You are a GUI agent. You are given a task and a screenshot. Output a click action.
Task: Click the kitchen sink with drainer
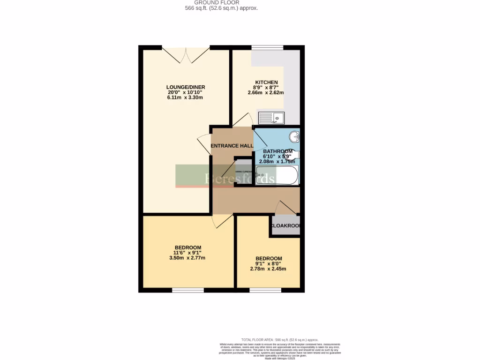(x=271, y=118)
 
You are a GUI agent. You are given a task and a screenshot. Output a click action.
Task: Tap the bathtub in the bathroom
(x=277, y=175)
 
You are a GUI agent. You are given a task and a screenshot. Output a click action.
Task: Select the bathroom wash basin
(x=294, y=137)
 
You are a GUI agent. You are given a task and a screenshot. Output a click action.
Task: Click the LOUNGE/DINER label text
(x=186, y=87)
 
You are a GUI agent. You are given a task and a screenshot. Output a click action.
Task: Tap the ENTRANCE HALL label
(x=232, y=146)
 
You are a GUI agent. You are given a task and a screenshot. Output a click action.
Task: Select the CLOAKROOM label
(x=285, y=225)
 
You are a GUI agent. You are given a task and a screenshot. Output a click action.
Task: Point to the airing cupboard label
(x=244, y=172)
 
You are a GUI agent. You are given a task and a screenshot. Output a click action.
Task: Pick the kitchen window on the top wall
(x=267, y=47)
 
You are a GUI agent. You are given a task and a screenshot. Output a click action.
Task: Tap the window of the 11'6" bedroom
(x=187, y=290)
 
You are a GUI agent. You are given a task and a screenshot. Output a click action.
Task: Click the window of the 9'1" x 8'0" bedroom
(x=265, y=290)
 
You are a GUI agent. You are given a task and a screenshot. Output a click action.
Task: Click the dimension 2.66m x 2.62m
(x=266, y=93)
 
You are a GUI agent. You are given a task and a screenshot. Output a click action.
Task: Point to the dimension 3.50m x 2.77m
(x=188, y=258)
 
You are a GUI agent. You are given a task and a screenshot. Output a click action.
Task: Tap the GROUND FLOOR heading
(x=221, y=2)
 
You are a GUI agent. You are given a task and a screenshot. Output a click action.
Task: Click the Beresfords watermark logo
(x=225, y=177)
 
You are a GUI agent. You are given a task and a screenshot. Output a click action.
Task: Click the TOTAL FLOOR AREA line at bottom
(x=280, y=339)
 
